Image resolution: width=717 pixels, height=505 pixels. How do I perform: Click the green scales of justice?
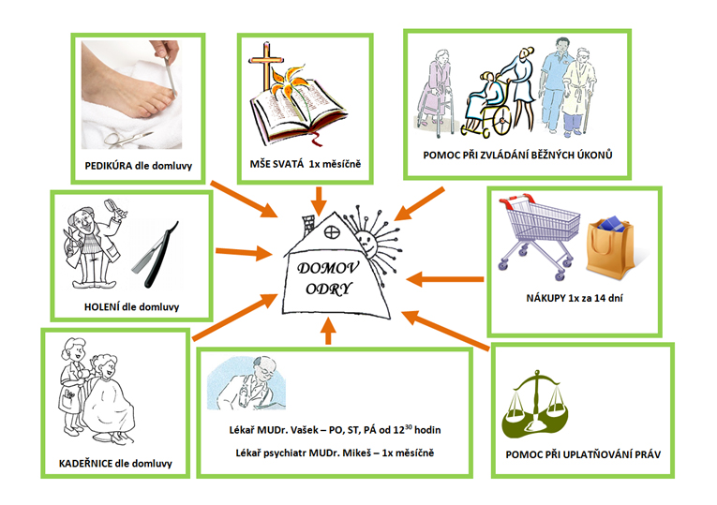(x=539, y=412)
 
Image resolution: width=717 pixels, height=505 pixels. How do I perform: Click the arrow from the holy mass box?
(x=321, y=195)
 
